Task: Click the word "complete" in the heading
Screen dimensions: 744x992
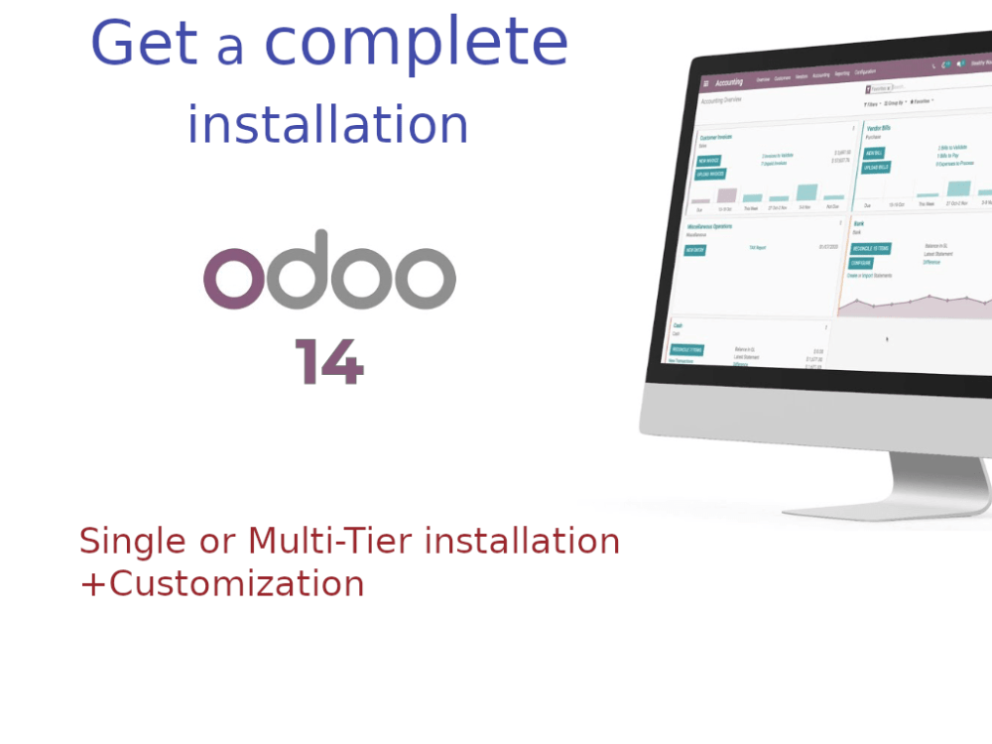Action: pos(416,44)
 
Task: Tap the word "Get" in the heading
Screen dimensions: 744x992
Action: pos(144,44)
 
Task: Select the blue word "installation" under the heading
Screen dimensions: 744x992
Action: pos(327,126)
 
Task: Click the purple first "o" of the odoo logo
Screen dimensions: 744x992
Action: pos(234,279)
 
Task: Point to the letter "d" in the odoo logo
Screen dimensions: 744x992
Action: pos(297,270)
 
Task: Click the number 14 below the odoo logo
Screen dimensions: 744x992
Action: pos(329,362)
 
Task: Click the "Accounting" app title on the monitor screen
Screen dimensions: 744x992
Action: pos(729,82)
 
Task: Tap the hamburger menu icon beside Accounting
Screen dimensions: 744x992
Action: pos(706,83)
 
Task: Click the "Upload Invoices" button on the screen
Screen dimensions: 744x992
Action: pos(710,174)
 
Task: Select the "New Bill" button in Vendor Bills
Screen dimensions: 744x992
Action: pos(874,153)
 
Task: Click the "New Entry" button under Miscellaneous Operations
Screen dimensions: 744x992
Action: pos(695,250)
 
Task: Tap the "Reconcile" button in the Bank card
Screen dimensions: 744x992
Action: pos(870,248)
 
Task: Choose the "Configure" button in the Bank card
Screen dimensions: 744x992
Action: pos(861,263)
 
